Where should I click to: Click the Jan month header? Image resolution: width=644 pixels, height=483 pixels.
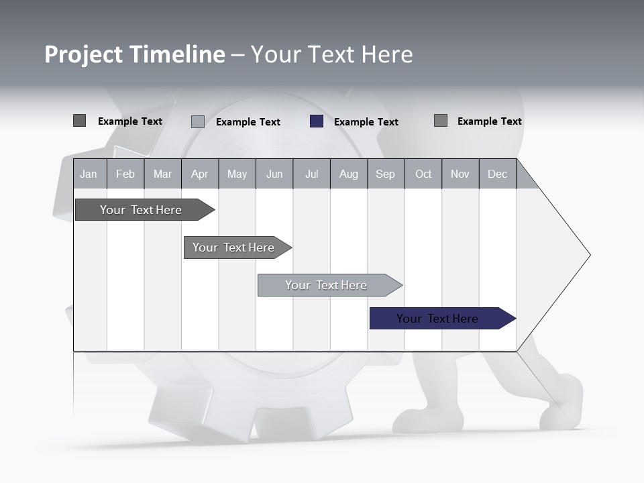[x=89, y=174]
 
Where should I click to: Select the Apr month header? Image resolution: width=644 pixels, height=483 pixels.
[x=199, y=174]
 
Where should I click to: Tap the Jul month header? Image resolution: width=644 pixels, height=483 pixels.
[x=311, y=174]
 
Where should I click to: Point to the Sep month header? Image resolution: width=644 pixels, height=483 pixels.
[x=385, y=174]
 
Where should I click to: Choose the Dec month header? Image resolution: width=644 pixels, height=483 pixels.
[x=497, y=174]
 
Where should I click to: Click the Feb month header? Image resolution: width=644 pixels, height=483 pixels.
[x=125, y=174]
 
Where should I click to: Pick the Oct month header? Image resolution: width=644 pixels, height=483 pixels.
[x=423, y=174]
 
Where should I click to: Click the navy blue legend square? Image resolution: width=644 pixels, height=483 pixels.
[x=317, y=121]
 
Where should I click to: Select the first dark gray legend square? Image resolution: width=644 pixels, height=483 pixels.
[x=79, y=121]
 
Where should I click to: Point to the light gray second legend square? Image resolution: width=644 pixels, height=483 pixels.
[x=198, y=121]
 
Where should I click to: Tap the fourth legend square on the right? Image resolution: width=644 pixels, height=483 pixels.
[x=441, y=121]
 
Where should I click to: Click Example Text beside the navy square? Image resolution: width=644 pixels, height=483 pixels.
[x=366, y=122]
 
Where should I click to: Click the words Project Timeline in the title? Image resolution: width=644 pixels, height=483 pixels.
[x=134, y=54]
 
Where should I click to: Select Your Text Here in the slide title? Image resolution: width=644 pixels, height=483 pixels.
[x=331, y=54]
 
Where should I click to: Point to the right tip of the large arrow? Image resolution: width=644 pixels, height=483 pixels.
[x=588, y=255]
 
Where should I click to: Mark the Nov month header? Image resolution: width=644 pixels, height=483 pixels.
[x=460, y=174]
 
